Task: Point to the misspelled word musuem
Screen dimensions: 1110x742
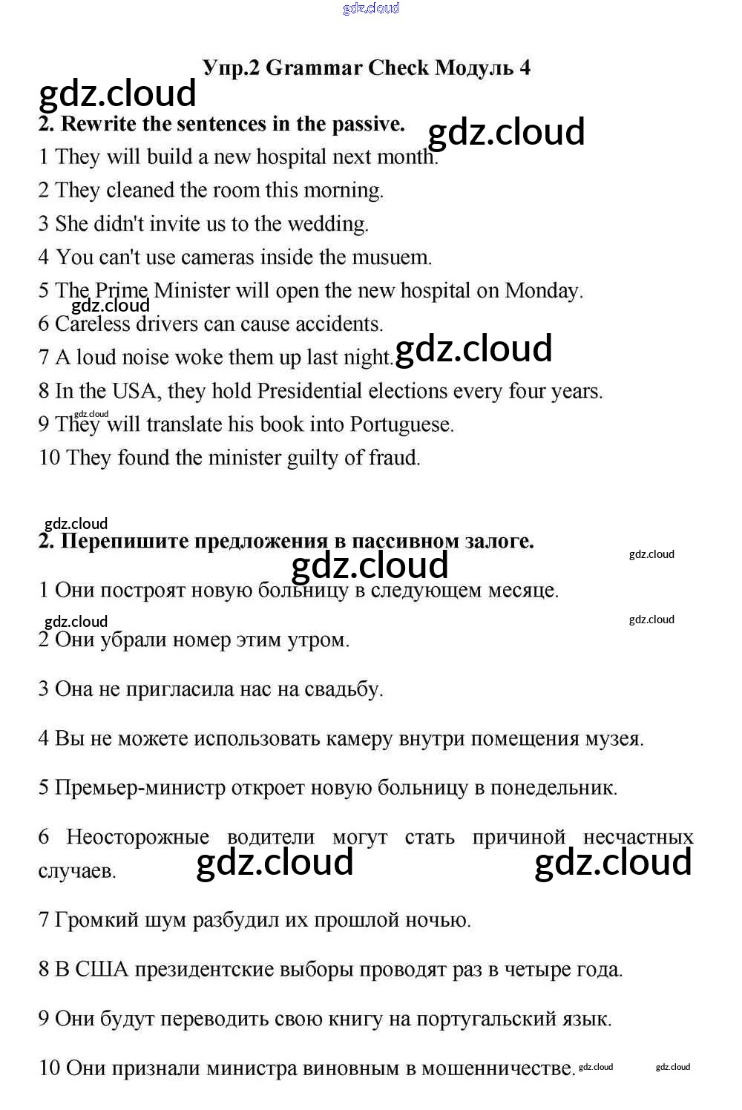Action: pos(393,257)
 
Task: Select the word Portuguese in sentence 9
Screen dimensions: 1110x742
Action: pos(401,424)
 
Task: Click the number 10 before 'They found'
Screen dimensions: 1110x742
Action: pos(49,458)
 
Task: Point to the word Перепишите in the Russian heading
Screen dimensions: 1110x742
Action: pos(124,541)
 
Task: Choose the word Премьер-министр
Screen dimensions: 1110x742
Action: pos(140,788)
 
